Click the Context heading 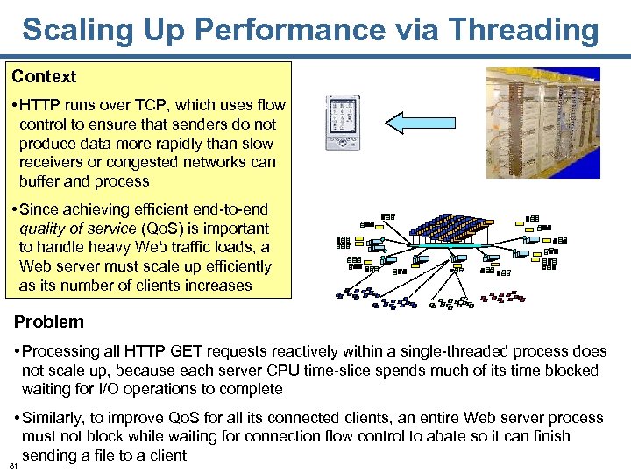click(x=44, y=77)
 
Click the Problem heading click(x=49, y=321)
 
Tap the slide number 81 click(x=11, y=467)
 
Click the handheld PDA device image click(x=343, y=123)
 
